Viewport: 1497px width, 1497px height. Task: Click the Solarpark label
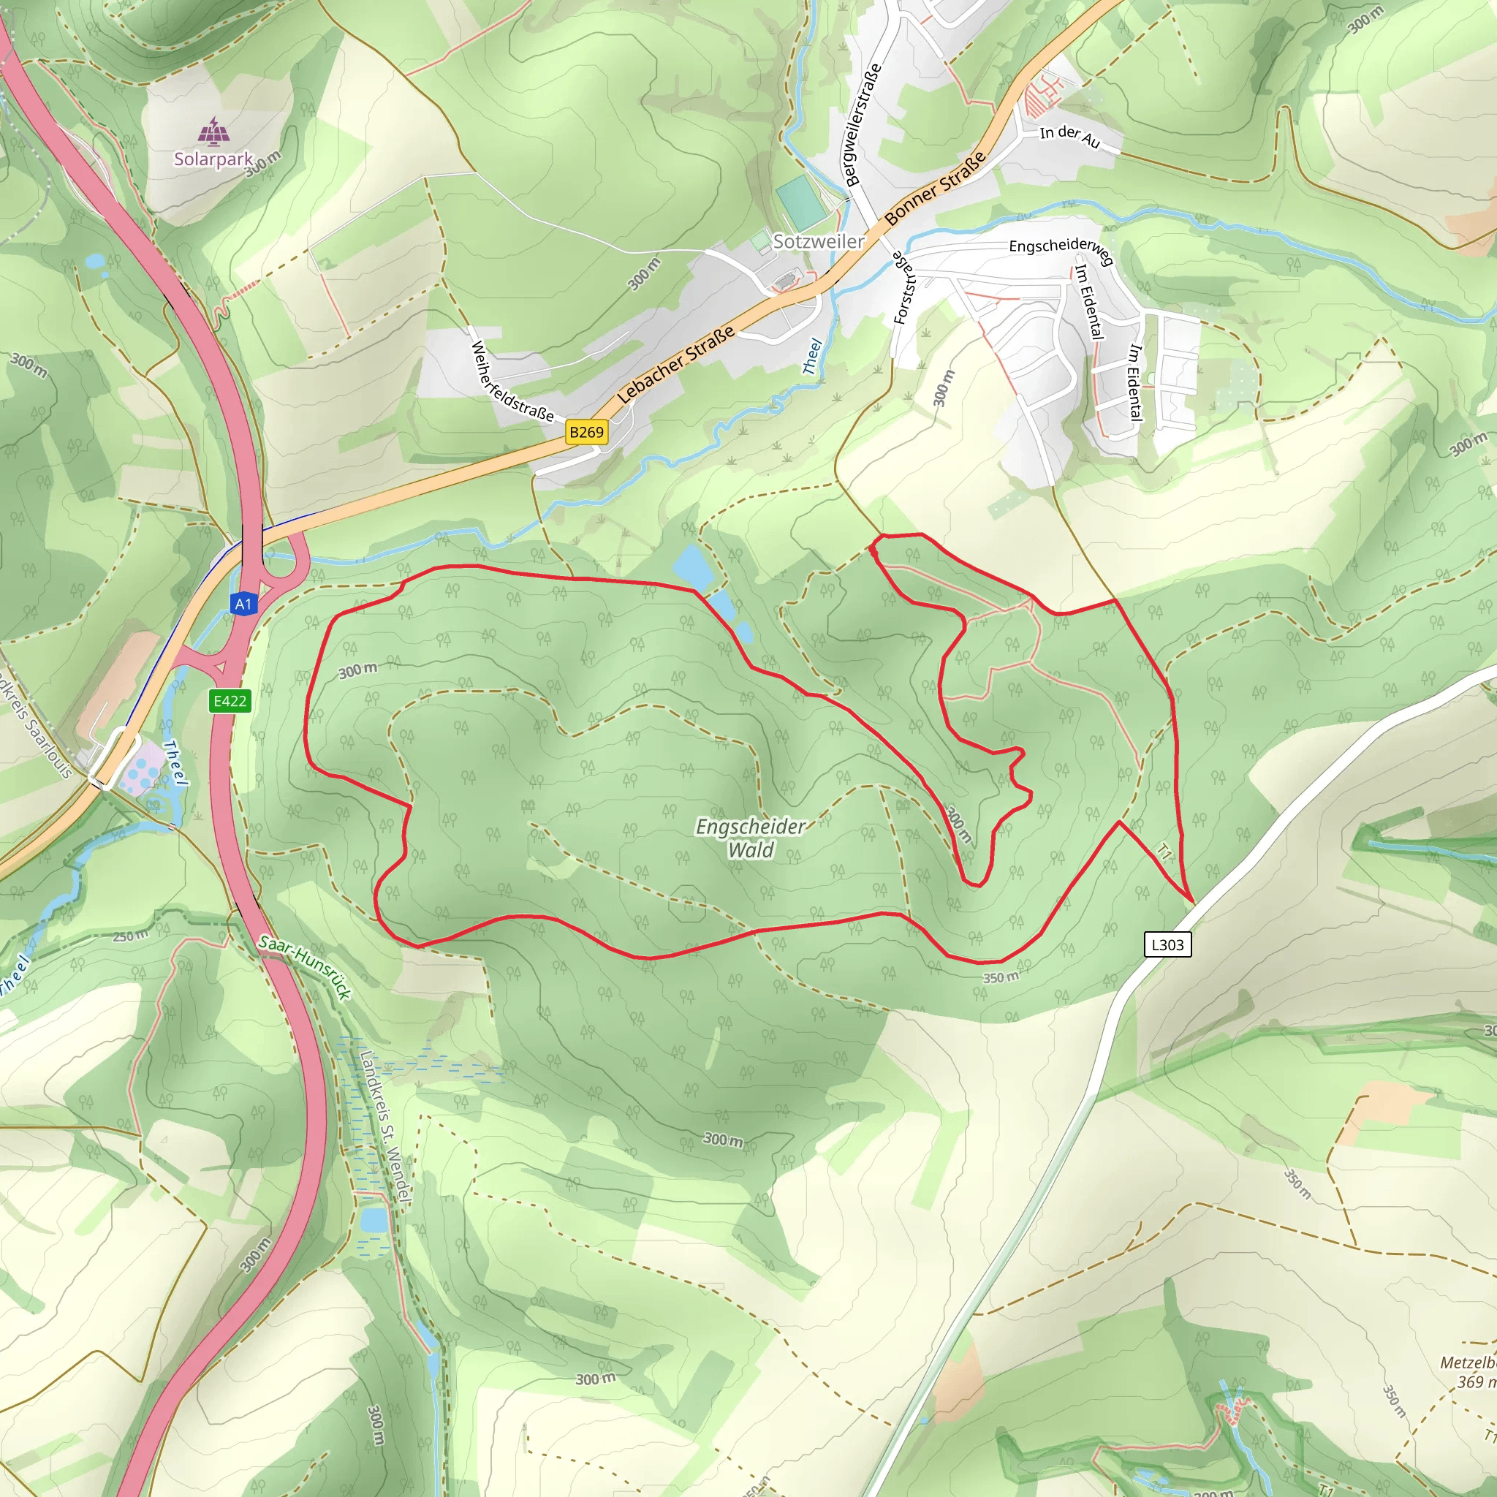pyautogui.click(x=213, y=159)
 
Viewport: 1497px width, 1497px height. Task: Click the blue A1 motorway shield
pyautogui.click(x=243, y=604)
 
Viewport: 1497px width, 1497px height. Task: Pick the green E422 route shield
pyautogui.click(x=230, y=701)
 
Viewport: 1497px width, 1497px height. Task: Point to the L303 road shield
pyautogui.click(x=1167, y=944)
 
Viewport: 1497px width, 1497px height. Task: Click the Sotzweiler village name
pyautogui.click(x=818, y=241)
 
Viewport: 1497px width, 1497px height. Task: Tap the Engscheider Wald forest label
pyautogui.click(x=750, y=838)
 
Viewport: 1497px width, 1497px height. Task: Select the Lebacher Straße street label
pyautogui.click(x=675, y=365)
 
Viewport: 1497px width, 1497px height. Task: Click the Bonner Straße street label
pyautogui.click(x=935, y=188)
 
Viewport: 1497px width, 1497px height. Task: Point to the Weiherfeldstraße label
pyautogui.click(x=512, y=382)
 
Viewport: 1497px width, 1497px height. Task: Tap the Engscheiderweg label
pyautogui.click(x=1061, y=249)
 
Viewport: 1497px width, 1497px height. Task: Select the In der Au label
pyautogui.click(x=1069, y=137)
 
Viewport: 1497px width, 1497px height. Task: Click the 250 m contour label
pyautogui.click(x=130, y=936)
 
